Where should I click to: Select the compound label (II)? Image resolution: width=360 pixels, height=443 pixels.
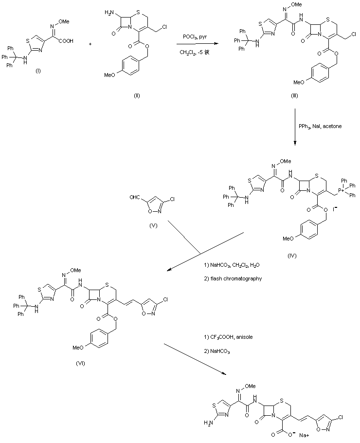click(137, 95)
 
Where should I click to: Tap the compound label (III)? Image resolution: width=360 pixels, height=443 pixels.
click(294, 96)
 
